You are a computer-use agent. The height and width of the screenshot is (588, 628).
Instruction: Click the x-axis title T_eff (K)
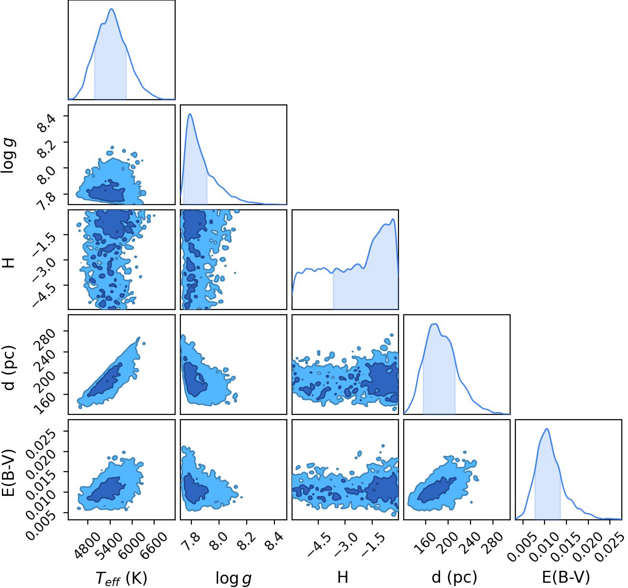pos(121,578)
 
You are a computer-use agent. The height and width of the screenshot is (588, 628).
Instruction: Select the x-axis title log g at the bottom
pos(233,578)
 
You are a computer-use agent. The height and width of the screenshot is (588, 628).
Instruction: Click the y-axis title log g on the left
pos(9,155)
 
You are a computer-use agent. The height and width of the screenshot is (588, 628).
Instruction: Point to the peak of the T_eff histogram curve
pos(112,9)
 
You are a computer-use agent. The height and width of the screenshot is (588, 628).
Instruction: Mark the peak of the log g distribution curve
pos(190,114)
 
